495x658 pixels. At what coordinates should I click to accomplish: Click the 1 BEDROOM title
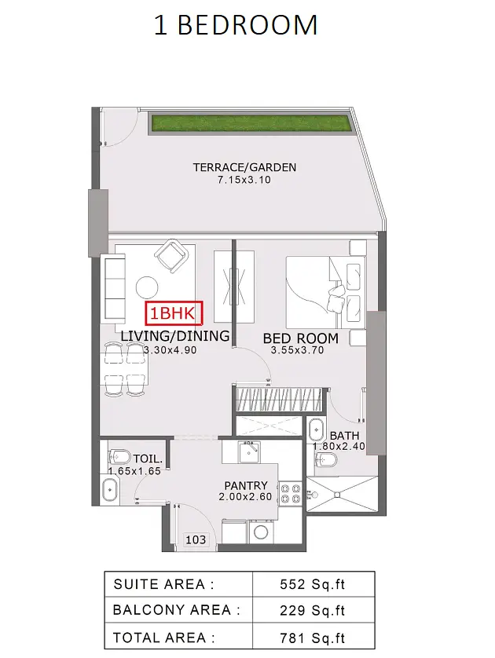pos(236,25)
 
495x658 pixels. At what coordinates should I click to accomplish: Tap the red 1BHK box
pos(174,313)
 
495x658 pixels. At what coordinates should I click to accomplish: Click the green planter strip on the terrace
pos(251,123)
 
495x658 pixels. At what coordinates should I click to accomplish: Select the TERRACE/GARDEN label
pos(244,167)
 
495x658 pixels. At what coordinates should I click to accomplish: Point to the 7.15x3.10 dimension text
pos(244,180)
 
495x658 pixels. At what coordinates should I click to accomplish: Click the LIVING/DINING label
pos(175,336)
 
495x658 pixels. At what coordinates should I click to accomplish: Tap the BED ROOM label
pos(301,338)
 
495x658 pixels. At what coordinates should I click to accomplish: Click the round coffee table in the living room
pos(147,287)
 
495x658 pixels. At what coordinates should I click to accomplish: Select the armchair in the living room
pos(170,255)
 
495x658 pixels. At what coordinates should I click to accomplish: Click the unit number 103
pos(196,539)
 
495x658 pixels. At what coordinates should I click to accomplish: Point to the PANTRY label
pos(246,485)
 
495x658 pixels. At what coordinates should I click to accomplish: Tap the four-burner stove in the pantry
pos(291,493)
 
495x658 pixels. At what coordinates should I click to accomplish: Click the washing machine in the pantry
pos(262,532)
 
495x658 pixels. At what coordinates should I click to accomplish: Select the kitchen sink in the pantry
pos(249,451)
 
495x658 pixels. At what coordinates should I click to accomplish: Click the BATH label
pos(344,436)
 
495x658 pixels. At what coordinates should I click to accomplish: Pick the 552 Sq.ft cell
pos(313,584)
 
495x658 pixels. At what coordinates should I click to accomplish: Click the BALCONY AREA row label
pos(176,610)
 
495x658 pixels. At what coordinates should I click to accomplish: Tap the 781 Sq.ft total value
pos(313,638)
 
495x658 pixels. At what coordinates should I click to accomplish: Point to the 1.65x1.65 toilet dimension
pos(134,471)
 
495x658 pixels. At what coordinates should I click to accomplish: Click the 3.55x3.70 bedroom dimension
pos(297,350)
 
